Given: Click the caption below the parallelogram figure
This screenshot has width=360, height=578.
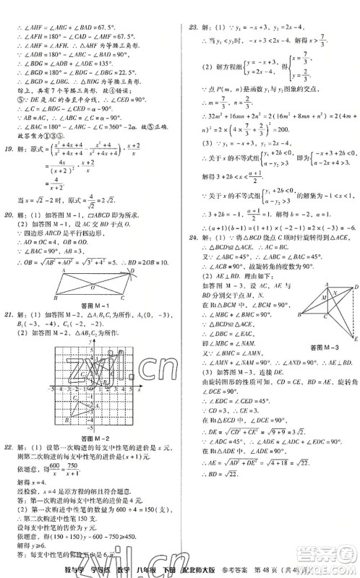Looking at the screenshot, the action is pyautogui.click(x=91, y=306).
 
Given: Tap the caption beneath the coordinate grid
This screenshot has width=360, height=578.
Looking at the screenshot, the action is pyautogui.click(x=91, y=438).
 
